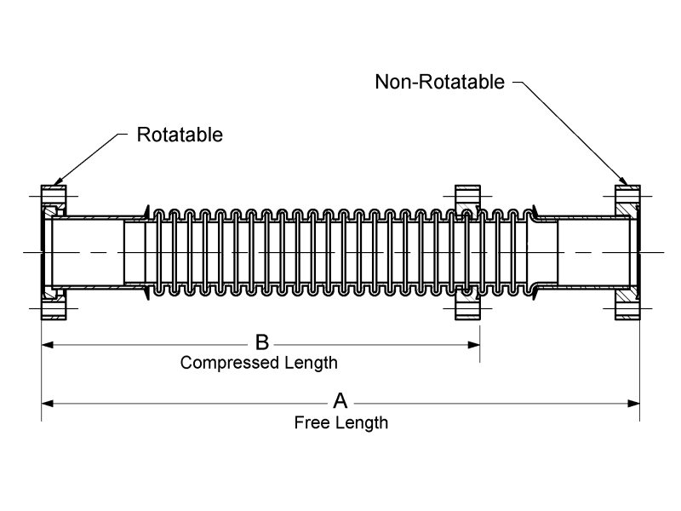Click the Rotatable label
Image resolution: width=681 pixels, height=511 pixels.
(x=180, y=135)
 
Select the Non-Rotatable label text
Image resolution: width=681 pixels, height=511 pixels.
(x=439, y=82)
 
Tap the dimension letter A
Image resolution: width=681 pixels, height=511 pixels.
(x=340, y=400)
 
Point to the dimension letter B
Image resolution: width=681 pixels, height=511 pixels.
(x=262, y=342)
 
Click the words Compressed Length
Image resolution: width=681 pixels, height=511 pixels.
(x=259, y=363)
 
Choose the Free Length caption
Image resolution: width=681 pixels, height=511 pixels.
(x=340, y=422)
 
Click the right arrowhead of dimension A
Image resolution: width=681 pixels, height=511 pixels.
(x=633, y=401)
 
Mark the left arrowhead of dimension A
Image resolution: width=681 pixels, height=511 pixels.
(x=48, y=401)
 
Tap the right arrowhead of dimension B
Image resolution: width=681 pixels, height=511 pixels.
(x=474, y=344)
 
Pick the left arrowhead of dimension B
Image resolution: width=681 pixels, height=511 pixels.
(x=48, y=344)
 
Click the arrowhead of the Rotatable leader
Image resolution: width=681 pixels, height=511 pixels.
(x=56, y=182)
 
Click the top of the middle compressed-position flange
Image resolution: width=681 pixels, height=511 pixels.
(x=468, y=201)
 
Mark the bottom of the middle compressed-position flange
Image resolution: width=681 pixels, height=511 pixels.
(x=468, y=304)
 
